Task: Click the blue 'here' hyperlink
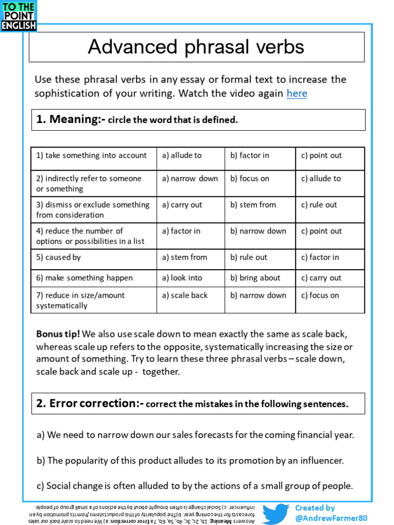[297, 94]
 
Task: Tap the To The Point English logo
[18, 16]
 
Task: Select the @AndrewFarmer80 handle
[331, 518]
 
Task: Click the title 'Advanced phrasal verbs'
[196, 47]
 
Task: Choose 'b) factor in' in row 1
[250, 156]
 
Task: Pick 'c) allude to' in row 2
[321, 178]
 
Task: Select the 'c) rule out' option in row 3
[319, 205]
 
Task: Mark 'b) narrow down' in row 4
[258, 231]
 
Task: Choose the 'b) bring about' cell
[255, 278]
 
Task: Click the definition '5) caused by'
[58, 257]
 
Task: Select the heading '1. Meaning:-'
[71, 120]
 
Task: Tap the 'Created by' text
[315, 508]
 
